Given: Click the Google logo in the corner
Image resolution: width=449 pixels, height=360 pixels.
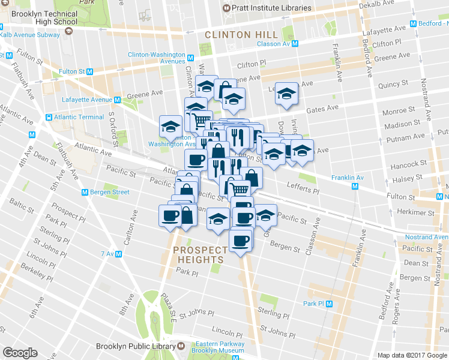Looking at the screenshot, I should (x=20, y=353).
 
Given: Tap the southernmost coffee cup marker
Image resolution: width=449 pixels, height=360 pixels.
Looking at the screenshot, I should (x=241, y=241).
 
